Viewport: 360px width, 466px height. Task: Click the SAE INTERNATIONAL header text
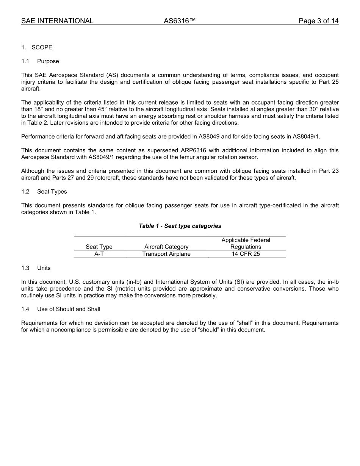pos(57,21)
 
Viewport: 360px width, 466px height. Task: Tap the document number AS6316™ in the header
pos(180,21)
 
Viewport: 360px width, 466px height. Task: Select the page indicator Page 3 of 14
pos(318,21)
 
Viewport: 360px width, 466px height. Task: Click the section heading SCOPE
pos(42,47)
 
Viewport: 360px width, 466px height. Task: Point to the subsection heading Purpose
pos(48,61)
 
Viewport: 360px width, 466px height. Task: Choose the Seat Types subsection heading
pos(52,192)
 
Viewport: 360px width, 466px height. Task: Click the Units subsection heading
pos(44,268)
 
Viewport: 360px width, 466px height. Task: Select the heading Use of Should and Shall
pos(69,309)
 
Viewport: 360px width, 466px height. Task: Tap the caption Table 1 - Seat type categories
pos(180,226)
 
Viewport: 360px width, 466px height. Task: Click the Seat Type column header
pos(99,247)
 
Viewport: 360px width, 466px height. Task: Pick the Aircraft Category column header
pos(166,247)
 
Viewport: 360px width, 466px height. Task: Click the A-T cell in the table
pos(99,254)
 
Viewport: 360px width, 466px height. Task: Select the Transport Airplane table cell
pos(166,254)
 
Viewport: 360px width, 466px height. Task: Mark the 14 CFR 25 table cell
pos(246,254)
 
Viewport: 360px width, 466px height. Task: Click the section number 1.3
pos(25,268)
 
